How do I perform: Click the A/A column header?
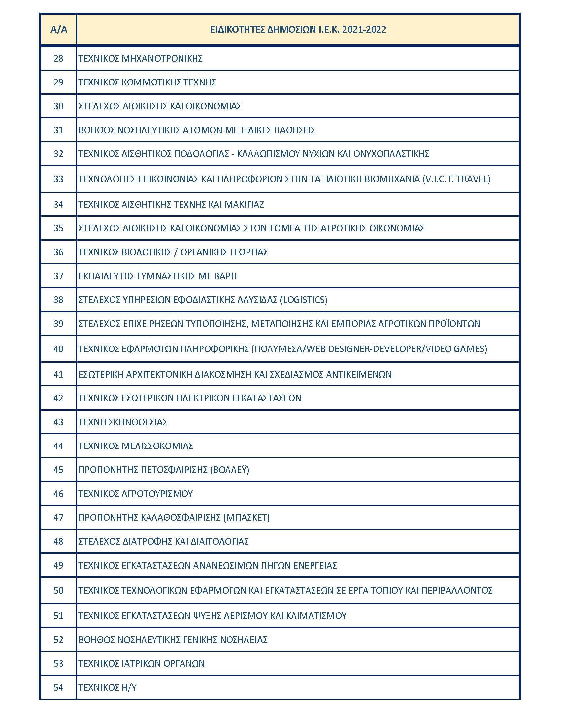(x=58, y=30)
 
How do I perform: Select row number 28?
(x=58, y=58)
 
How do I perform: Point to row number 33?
(x=58, y=179)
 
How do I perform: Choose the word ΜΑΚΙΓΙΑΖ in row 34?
(x=244, y=204)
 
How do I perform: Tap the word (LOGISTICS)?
(x=303, y=300)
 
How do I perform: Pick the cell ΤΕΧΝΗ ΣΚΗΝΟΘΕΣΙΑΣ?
(x=123, y=422)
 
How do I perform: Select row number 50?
(x=58, y=590)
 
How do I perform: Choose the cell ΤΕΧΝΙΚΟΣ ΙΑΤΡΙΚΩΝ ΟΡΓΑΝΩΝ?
(x=142, y=663)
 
